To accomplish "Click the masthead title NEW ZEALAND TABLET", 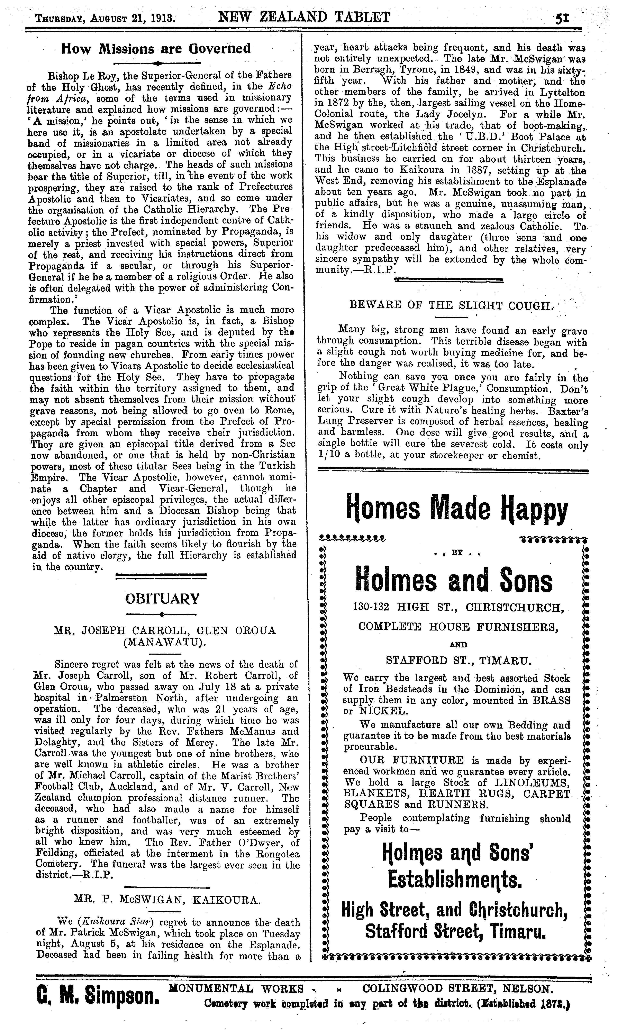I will point(305,17).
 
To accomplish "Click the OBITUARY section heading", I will point(162,598).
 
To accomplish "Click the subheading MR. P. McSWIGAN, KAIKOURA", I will point(167,900).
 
